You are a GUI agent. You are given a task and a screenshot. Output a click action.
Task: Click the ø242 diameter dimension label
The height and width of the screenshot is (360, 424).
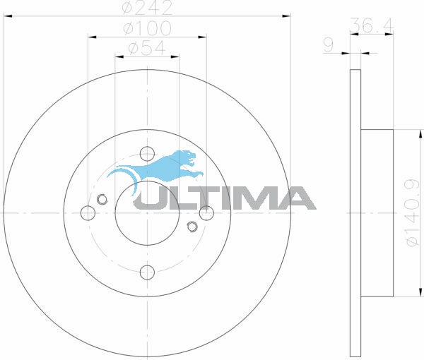(x=147, y=7)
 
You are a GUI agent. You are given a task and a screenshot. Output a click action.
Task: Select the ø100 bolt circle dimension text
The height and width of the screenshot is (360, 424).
(x=147, y=28)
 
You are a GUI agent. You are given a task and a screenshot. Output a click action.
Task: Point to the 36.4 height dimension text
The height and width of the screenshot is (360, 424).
(x=372, y=25)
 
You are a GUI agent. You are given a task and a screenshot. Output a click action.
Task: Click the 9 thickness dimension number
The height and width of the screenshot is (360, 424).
(x=329, y=45)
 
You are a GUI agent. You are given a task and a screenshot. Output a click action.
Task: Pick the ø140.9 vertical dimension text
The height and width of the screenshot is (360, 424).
(x=413, y=212)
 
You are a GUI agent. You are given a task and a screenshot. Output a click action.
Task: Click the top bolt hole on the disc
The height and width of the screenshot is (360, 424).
(x=147, y=154)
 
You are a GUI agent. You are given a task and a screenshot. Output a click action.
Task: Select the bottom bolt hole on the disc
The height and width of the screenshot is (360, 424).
(x=147, y=272)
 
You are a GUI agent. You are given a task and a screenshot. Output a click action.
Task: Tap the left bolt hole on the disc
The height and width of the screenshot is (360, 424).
(x=88, y=212)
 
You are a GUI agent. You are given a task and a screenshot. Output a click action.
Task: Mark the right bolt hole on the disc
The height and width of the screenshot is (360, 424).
(x=206, y=212)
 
